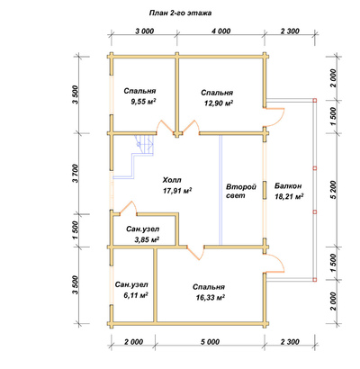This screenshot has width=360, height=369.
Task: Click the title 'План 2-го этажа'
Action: pyautogui.click(x=180, y=13)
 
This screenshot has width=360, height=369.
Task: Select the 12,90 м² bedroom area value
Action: pyautogui.click(x=219, y=103)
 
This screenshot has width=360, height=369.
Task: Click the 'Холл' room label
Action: pyautogui.click(x=172, y=180)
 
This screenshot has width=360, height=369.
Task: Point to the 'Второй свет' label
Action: pyautogui.click(x=241, y=191)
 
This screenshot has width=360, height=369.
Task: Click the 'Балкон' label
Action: pyautogui.click(x=288, y=186)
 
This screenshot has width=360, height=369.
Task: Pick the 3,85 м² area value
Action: pyautogui.click(x=147, y=239)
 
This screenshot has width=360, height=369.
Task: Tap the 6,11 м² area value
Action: pyautogui.click(x=136, y=295)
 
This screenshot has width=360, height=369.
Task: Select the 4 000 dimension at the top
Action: pyautogui.click(x=220, y=31)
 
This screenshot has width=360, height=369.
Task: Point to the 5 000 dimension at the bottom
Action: pyautogui.click(x=210, y=341)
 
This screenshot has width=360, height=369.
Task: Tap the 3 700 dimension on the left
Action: pyautogui.click(x=75, y=174)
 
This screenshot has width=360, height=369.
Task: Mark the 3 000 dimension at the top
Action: pyautogui.click(x=145, y=31)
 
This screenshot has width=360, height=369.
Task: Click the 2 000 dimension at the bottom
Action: pyautogui.click(x=132, y=341)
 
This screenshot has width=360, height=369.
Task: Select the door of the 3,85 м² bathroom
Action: pyautogui.click(x=129, y=208)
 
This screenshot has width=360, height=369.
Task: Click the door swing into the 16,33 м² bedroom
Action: pyautogui.click(x=195, y=254)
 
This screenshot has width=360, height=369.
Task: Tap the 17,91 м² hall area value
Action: pyautogui.click(x=177, y=191)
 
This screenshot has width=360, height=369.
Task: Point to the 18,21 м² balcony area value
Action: pyautogui.click(x=289, y=196)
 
